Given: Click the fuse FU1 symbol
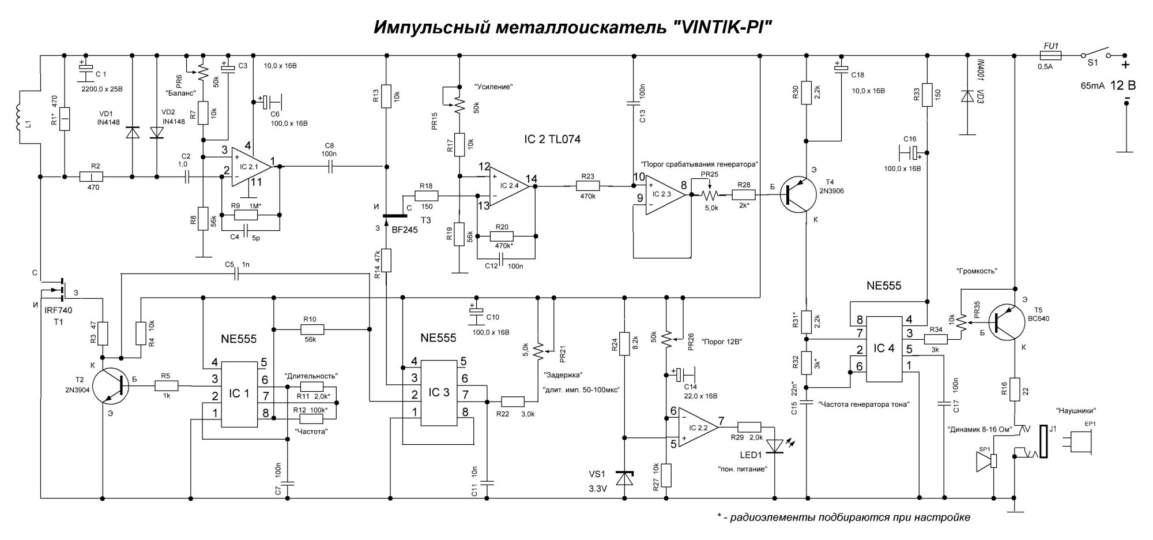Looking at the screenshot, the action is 1050,55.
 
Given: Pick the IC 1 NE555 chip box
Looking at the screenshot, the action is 239,395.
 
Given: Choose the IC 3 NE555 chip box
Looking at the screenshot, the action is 439,393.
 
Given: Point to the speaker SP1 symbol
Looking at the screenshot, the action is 987,462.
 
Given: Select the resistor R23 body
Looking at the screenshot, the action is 587,186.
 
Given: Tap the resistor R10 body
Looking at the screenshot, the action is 312,330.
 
